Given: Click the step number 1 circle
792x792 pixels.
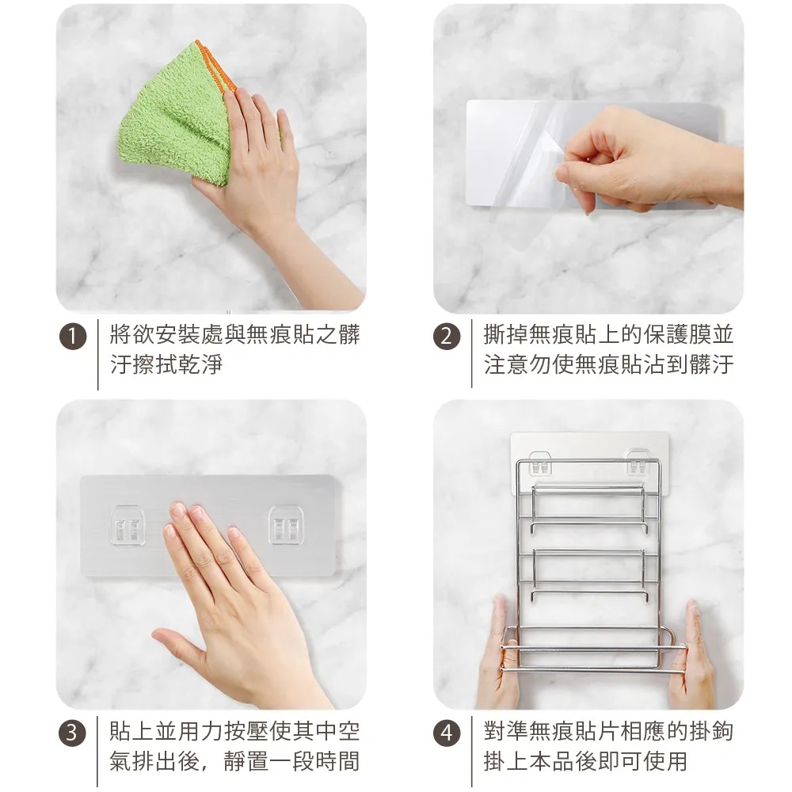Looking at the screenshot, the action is pyautogui.click(x=73, y=337).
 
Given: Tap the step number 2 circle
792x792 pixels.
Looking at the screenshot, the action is pyautogui.click(x=447, y=337).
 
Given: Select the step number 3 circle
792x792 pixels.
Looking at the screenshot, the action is pyautogui.click(x=73, y=733).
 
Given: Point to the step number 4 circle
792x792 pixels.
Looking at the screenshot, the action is pyautogui.click(x=447, y=733).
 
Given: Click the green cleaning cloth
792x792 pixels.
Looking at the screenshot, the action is pyautogui.click(x=174, y=116).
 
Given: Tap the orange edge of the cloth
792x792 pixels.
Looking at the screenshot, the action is pyautogui.click(x=216, y=67).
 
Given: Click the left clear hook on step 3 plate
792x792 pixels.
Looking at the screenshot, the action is pyautogui.click(x=128, y=526).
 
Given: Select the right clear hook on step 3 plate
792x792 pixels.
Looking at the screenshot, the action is pyautogui.click(x=286, y=526).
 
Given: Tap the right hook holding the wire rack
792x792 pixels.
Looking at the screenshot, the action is pyautogui.click(x=638, y=463).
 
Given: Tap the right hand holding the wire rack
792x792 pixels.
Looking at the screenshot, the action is pyautogui.click(x=692, y=657).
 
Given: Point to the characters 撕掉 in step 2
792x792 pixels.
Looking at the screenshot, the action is pyautogui.click(x=505, y=334).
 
